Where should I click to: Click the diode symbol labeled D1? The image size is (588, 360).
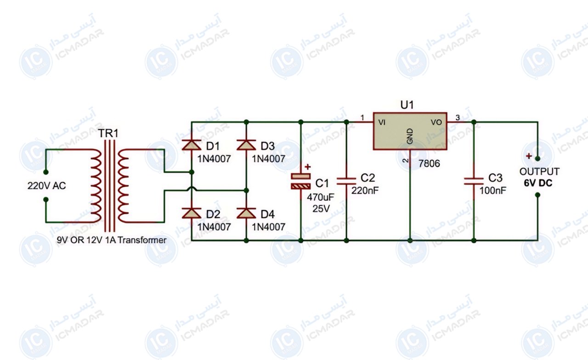(x=192, y=145)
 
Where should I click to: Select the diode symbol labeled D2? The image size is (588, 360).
(x=192, y=213)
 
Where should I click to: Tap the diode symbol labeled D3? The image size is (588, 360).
(x=246, y=145)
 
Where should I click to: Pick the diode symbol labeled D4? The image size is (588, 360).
(x=246, y=213)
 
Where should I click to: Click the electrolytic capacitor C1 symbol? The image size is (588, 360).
(x=301, y=181)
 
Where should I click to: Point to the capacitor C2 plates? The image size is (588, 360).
(x=346, y=181)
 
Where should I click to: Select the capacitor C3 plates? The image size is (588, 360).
(x=474, y=181)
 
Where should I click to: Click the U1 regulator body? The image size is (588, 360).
(x=410, y=131)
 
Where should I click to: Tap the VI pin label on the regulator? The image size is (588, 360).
(x=382, y=122)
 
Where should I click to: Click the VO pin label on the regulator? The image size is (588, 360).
(x=436, y=122)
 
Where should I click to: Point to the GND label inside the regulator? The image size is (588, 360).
(x=410, y=136)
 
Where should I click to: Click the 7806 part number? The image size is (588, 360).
(x=429, y=163)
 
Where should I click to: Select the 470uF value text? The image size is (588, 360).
(x=321, y=197)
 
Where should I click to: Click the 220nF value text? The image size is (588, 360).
(x=365, y=191)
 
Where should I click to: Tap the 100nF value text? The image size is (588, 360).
(x=493, y=191)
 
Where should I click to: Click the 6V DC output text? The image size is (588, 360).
(x=538, y=183)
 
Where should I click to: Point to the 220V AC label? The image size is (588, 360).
(x=47, y=186)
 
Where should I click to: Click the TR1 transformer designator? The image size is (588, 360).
(x=108, y=133)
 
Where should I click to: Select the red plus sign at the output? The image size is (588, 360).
(x=529, y=156)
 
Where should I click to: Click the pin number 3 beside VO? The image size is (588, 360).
(x=458, y=118)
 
